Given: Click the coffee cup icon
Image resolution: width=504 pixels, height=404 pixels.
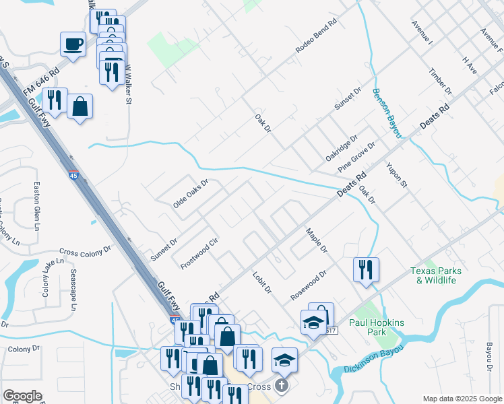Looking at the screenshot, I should [73, 44].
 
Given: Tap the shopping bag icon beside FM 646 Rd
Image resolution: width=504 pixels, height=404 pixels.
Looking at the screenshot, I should [80, 107].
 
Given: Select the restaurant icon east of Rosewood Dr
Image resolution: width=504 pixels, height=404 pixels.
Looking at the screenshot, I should [366, 270].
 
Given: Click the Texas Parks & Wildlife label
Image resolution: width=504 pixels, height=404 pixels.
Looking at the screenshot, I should [437, 275].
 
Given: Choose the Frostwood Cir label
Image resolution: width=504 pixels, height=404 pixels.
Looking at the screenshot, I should [200, 253].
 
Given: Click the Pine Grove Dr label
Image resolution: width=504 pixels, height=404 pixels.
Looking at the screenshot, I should [356, 156].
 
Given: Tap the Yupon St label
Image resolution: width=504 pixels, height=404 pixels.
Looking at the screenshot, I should [397, 174].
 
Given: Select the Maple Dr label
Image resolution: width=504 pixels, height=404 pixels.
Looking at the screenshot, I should [316, 240].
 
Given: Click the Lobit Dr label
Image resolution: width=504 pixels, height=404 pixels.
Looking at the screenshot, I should [262, 281].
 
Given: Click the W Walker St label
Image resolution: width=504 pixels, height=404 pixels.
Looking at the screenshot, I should [128, 84].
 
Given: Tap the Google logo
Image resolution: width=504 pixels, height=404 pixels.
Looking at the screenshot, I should [22, 396].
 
